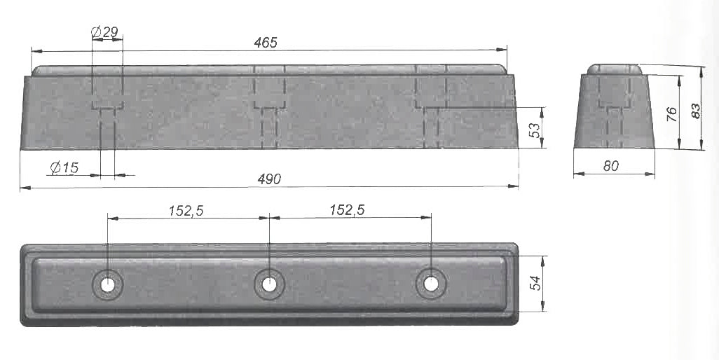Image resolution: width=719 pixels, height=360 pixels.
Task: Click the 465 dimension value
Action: click(266, 43)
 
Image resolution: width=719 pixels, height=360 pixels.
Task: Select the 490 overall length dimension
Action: click(269, 179)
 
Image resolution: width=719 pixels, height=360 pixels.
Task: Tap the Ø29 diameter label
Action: click(104, 32)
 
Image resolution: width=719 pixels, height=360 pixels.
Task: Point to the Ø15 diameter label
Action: click(64, 167)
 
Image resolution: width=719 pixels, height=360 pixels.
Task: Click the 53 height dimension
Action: click(535, 130)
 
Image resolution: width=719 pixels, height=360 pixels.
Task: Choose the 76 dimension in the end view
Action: click(671, 113)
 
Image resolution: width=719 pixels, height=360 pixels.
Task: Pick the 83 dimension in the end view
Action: click(696, 111)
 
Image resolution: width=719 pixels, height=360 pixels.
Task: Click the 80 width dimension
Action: click(611, 166)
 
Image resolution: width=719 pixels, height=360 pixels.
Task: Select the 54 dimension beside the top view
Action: click(535, 282)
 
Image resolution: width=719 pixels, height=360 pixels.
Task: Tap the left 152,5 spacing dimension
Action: click(186, 211)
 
